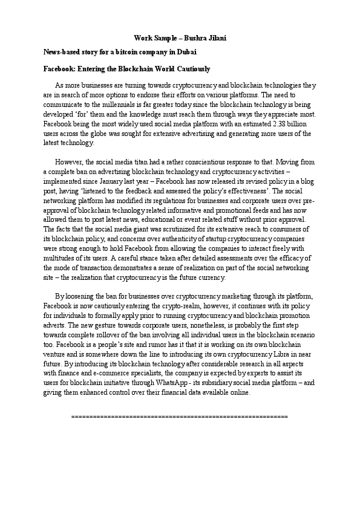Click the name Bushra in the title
195,38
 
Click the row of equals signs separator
180,417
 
